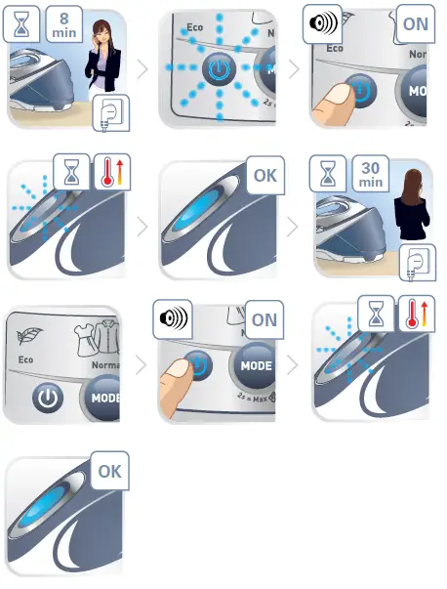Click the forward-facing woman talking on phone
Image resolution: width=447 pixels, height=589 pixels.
pos(103,59)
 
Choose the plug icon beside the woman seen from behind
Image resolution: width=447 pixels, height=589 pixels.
pos(417,262)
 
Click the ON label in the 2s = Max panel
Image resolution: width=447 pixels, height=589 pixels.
pos(264,320)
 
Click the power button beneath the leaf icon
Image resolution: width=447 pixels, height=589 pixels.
pos(47,398)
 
